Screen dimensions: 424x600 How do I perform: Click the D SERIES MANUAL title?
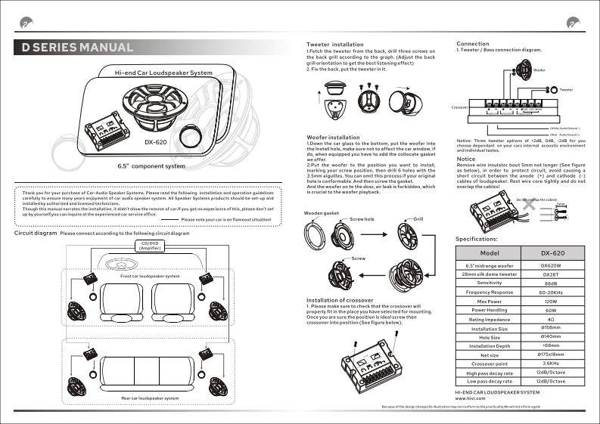[77, 47]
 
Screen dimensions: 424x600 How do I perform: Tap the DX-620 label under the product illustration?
[156, 141]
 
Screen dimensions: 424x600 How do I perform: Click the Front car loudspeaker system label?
[150, 277]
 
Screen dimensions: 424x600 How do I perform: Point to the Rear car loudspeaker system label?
[150, 398]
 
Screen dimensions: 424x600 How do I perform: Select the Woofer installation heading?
[333, 138]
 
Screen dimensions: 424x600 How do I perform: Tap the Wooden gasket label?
[321, 213]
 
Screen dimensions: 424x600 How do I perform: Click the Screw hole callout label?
[362, 218]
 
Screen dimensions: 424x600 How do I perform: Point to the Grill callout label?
[418, 218]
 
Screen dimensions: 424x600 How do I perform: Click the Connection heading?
[473, 45]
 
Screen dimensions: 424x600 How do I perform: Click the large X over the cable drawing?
[542, 206]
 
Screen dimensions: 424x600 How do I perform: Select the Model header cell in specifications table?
[494, 252]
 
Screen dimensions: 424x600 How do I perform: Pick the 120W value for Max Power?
[551, 301]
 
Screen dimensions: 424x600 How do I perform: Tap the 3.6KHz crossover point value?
[551, 364]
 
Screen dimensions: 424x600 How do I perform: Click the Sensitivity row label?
[494, 283]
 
